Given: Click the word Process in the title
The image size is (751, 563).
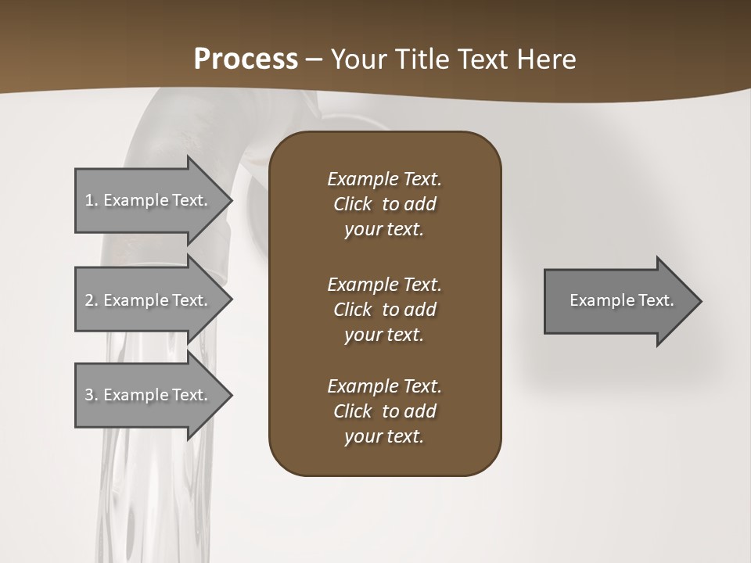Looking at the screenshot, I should tap(246, 59).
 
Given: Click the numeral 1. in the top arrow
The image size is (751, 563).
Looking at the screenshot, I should tap(92, 200).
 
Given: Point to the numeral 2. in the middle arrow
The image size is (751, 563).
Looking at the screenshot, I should tap(92, 300).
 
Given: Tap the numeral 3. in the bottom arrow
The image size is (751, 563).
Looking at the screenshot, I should tap(92, 395).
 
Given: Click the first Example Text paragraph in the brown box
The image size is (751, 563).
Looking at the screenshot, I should tap(385, 204).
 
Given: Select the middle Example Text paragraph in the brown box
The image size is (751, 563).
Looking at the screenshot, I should tap(385, 309).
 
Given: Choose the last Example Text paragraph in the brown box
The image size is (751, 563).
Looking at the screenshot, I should tap(385, 411).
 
